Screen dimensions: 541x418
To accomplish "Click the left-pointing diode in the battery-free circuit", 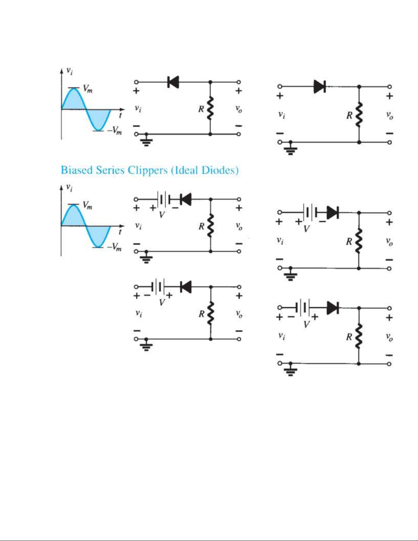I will pyautogui.click(x=173, y=82).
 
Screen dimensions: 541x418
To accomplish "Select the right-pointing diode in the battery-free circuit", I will pyautogui.click(x=319, y=87).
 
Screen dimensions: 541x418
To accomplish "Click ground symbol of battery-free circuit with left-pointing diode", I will pyautogui.click(x=146, y=141).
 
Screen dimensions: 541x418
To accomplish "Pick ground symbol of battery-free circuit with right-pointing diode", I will pyautogui.click(x=290, y=149).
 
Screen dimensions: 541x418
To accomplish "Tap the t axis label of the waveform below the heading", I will pyautogui.click(x=120, y=232).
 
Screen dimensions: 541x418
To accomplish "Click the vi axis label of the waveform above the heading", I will pyautogui.click(x=70, y=71).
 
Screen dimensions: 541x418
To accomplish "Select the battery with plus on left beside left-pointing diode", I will pyautogui.click(x=162, y=199).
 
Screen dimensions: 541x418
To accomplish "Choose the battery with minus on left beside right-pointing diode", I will pyautogui.click(x=302, y=308).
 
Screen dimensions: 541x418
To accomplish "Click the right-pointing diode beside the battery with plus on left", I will pyautogui.click(x=332, y=213).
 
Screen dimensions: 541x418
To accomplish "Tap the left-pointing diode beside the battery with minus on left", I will pyautogui.click(x=186, y=287).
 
